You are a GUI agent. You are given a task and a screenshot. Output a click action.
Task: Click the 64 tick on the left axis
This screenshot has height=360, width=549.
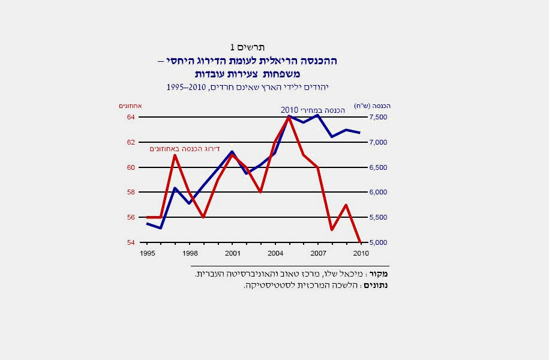tap(130, 117)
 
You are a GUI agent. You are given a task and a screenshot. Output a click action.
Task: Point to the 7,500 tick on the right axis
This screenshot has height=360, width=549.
tap(377, 117)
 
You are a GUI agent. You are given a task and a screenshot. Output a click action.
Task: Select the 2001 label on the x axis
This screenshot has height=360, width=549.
tap(232, 253)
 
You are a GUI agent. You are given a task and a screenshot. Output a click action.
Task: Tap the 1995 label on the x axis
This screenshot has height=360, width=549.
tap(147, 253)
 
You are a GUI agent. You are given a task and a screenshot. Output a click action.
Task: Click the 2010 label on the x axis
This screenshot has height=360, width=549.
tap(361, 253)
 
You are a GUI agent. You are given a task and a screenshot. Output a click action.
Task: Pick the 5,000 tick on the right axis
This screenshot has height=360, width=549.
tap(377, 242)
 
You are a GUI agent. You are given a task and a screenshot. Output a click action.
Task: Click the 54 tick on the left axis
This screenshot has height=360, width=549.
tap(130, 242)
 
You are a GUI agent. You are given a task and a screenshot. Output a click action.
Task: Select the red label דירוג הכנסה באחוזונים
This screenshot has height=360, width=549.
tap(185, 148)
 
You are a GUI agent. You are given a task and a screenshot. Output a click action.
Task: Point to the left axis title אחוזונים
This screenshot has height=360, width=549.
tap(129, 106)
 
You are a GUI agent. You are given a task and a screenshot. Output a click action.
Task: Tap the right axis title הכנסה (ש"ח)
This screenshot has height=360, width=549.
tap(373, 106)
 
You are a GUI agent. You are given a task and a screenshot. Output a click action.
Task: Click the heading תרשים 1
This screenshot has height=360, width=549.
tap(247, 47)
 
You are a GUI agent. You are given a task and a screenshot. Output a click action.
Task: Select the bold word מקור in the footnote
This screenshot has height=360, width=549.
tap(380, 274)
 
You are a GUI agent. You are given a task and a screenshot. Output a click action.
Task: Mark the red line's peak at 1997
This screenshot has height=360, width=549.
tap(175, 155)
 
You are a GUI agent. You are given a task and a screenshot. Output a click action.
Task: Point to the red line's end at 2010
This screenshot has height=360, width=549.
tap(360, 242)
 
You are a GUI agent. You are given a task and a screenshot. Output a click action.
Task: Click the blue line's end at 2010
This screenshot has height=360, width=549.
tap(360, 133)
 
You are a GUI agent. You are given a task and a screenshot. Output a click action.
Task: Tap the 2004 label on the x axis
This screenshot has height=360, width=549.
tap(275, 253)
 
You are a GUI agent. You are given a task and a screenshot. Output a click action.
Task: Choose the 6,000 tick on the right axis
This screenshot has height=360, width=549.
tap(377, 192)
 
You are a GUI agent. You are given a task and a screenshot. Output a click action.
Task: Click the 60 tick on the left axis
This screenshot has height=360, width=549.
tap(130, 167)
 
